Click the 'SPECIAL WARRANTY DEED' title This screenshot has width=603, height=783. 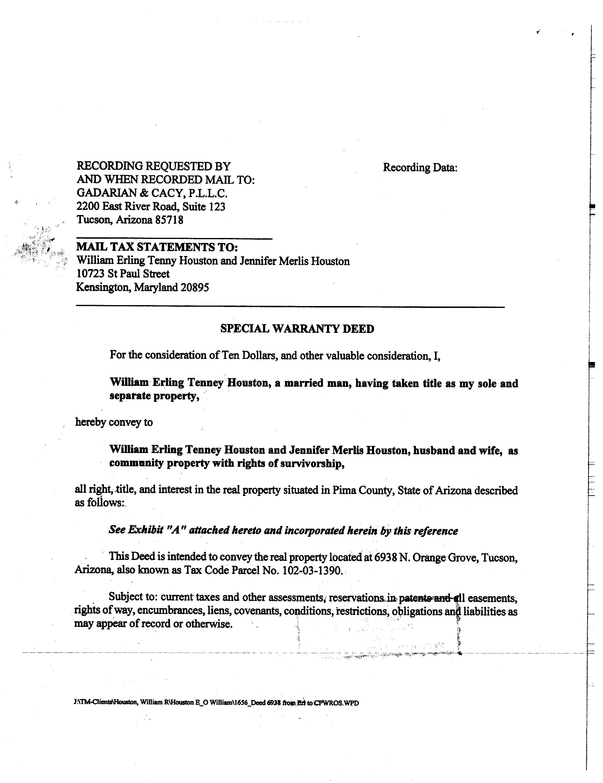tap(297, 329)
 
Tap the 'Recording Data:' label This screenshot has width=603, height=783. tap(420, 167)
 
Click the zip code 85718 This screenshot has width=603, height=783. tap(169, 220)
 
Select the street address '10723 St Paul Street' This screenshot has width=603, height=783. tap(123, 274)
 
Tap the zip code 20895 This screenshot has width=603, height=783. tap(195, 288)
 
